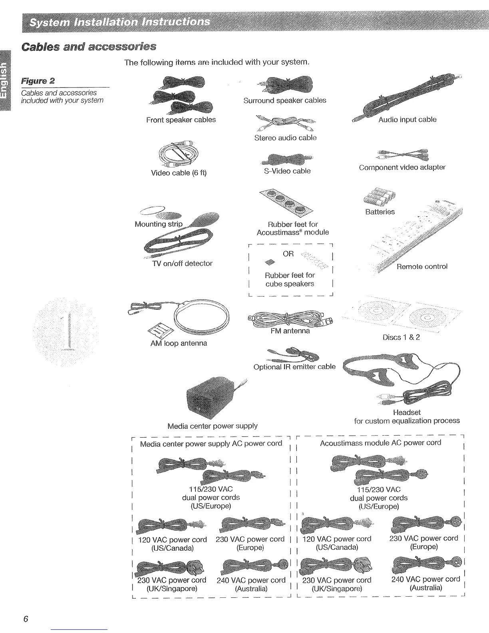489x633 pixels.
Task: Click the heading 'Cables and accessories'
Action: [x=89, y=47]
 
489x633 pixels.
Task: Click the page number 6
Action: [x=26, y=619]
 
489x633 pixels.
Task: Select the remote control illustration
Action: [x=415, y=240]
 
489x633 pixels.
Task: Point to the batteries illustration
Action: [x=379, y=196]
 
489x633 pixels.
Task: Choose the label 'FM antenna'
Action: [x=290, y=331]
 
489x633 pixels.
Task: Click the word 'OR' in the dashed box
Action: [x=288, y=254]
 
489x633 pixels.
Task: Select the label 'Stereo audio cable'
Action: [x=285, y=138]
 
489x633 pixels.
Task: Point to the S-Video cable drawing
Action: [x=286, y=159]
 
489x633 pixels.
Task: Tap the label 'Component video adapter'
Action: [x=402, y=167]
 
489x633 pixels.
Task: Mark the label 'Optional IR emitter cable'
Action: [x=294, y=367]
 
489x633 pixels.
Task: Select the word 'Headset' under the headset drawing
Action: [x=407, y=412]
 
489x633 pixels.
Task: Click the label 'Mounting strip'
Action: [x=159, y=224]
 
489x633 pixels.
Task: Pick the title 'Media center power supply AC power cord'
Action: [x=211, y=444]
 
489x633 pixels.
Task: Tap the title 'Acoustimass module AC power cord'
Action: [x=380, y=443]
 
